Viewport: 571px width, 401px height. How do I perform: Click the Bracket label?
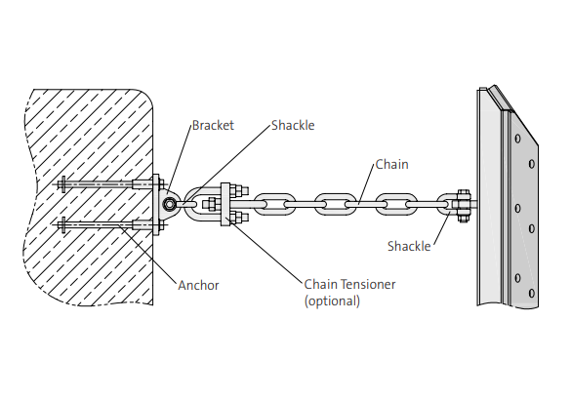click(213, 126)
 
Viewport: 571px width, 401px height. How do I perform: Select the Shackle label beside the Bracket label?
click(293, 126)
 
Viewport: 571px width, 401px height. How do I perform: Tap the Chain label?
click(392, 165)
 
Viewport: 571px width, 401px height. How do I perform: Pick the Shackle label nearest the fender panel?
click(408, 246)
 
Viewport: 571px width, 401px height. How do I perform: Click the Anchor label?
click(198, 285)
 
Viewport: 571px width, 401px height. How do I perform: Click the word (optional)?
click(332, 301)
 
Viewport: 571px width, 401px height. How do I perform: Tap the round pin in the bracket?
click(171, 205)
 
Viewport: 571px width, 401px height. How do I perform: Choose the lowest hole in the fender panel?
click(531, 292)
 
